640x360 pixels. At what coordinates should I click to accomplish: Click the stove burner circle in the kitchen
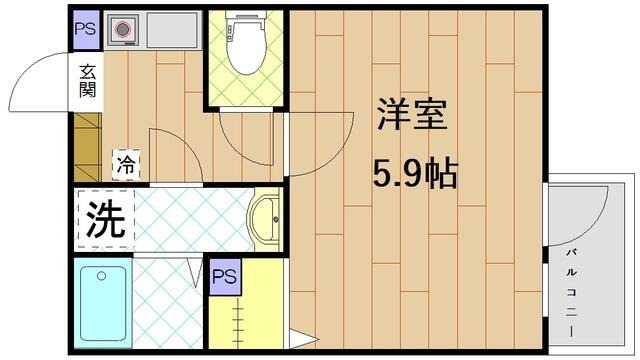[124, 30]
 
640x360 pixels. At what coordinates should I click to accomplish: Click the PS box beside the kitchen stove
[85, 28]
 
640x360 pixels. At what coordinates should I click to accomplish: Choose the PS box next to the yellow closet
[223, 275]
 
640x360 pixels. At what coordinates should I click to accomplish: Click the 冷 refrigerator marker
[126, 163]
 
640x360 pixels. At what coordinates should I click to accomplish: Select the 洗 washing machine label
[103, 218]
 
